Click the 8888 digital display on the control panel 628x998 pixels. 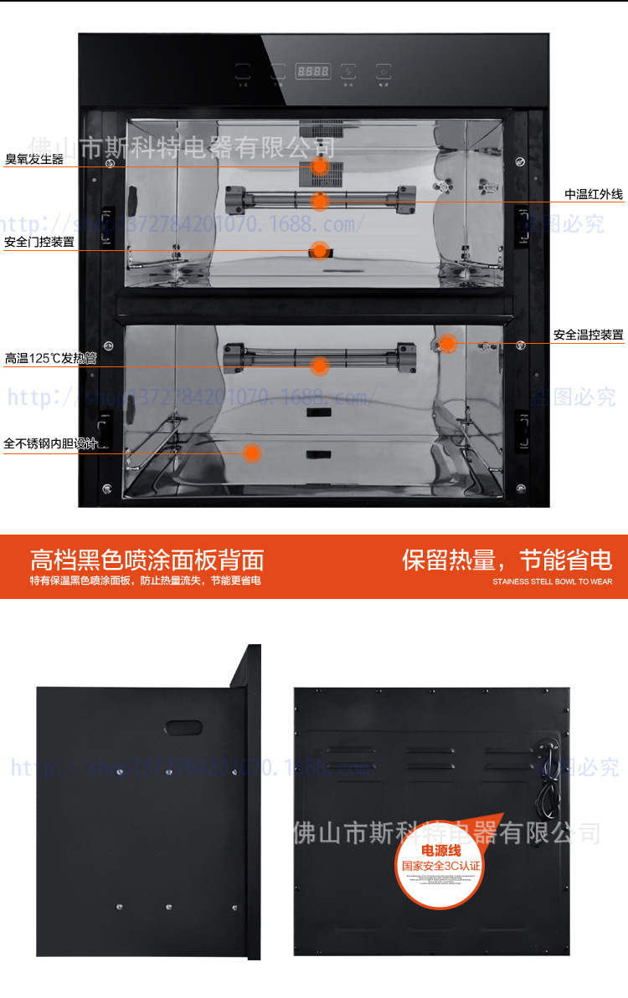tap(312, 71)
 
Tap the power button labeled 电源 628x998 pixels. tap(383, 72)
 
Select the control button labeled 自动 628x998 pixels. tap(243, 72)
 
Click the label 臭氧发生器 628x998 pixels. tap(34, 159)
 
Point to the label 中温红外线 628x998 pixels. tap(594, 194)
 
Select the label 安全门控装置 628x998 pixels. tap(39, 242)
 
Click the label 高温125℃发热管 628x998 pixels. tap(50, 358)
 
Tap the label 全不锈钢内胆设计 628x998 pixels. tap(50, 443)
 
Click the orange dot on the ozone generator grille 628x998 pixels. tap(319, 166)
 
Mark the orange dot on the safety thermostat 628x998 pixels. tap(448, 342)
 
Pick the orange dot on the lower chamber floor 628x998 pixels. tap(251, 453)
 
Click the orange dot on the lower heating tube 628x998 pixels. tap(319, 365)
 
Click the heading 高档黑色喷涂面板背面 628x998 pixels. tap(147, 559)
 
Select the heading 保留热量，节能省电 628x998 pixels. tap(507, 559)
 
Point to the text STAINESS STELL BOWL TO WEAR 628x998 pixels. tap(552, 581)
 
